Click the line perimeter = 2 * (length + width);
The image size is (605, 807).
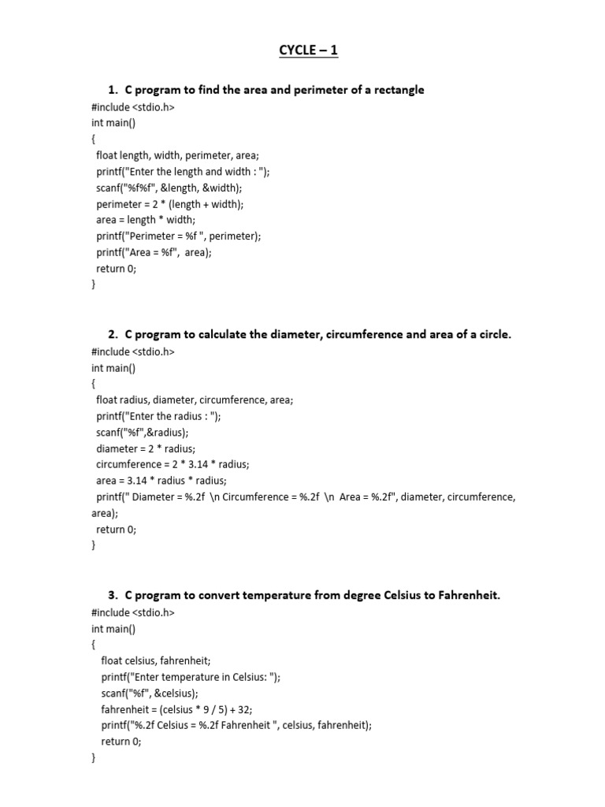pos(170,203)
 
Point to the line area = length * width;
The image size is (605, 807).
pos(146,219)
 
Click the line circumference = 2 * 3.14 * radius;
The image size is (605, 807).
pos(173,464)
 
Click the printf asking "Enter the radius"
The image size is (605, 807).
pos(158,416)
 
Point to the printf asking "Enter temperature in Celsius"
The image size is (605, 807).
pos(191,677)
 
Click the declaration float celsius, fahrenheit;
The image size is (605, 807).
pos(156,660)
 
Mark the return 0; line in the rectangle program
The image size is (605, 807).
pos(116,268)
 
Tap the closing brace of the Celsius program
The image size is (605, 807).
pos(94,758)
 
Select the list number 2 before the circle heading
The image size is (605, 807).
pos(112,334)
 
